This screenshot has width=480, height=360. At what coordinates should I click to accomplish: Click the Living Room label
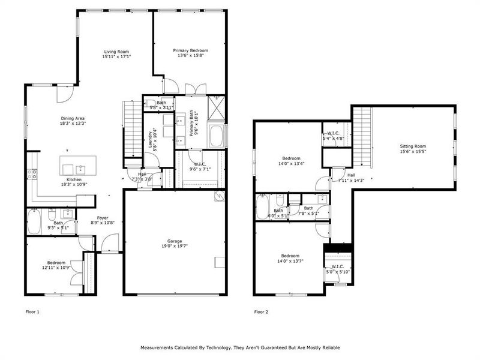click(117, 52)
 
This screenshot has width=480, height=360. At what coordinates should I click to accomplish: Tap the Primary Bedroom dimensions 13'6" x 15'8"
click(191, 56)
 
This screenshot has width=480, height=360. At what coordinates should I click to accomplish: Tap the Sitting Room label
click(413, 146)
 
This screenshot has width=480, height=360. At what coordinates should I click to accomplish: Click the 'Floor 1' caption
click(32, 312)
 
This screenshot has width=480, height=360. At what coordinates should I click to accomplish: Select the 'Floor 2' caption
click(261, 312)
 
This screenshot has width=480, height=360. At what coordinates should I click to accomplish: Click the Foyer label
click(103, 218)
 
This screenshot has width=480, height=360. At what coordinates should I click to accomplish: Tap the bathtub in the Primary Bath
click(217, 135)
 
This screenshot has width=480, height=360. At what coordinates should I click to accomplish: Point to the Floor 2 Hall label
click(342, 175)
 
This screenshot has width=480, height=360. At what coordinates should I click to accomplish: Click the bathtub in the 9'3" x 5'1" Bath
click(35, 223)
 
